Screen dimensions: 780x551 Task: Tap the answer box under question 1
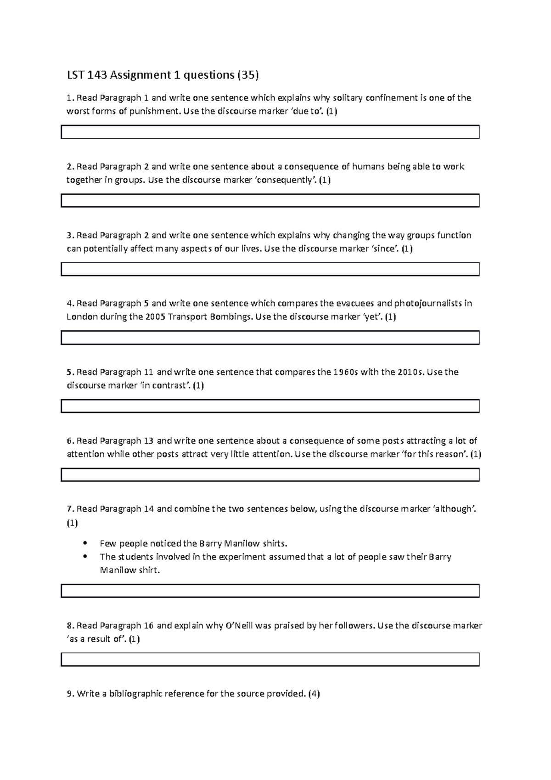pyautogui.click(x=270, y=132)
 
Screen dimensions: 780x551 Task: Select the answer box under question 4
pyautogui.click(x=270, y=338)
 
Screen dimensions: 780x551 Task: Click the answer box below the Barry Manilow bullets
pyautogui.click(x=270, y=591)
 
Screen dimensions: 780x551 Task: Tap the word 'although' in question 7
pyautogui.click(x=454, y=509)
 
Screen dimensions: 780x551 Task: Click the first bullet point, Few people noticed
pyautogui.click(x=85, y=543)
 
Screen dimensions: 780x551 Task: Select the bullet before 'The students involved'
pyautogui.click(x=85, y=557)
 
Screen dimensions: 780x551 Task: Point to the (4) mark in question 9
pyautogui.click(x=314, y=694)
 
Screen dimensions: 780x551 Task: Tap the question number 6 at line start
pyautogui.click(x=69, y=441)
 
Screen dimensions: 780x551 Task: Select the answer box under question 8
pyautogui.click(x=270, y=659)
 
